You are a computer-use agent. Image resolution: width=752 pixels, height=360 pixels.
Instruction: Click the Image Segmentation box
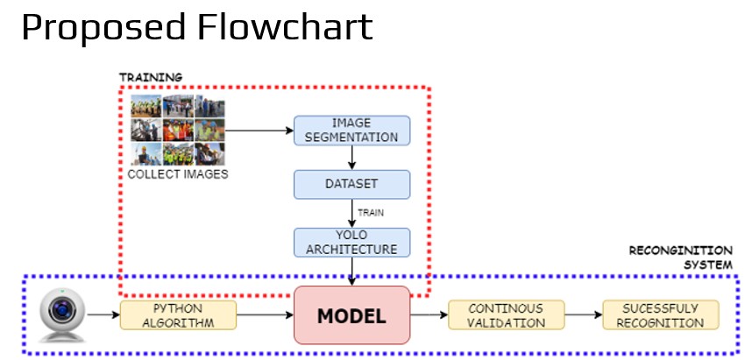point(352,131)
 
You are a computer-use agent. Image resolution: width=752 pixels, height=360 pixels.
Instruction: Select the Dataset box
point(352,184)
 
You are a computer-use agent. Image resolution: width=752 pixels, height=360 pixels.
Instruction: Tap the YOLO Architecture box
point(352,243)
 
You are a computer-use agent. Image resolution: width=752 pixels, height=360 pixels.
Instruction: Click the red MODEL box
point(352,315)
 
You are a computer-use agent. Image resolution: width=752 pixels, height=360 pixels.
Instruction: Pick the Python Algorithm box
point(178,315)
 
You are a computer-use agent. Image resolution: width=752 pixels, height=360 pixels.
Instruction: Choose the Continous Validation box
point(507,315)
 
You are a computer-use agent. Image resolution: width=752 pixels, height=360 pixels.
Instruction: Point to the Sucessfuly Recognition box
point(661,315)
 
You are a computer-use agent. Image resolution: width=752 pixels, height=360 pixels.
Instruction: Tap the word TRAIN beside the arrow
point(371,213)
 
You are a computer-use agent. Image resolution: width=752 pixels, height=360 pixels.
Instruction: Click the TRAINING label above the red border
point(151,77)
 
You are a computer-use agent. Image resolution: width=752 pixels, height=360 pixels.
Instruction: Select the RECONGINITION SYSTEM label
point(680,258)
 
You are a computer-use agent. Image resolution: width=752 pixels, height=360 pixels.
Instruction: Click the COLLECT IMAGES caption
point(178,174)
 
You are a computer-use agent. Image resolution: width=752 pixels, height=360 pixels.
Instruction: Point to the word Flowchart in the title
point(285,27)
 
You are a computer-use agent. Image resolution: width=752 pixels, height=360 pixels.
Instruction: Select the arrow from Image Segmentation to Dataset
point(352,158)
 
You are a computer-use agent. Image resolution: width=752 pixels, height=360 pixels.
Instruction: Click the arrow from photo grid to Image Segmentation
point(259,131)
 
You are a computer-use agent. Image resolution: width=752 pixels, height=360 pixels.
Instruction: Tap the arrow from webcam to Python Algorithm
point(103,315)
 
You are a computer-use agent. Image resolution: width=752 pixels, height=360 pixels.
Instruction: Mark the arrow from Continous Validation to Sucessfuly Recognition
point(584,315)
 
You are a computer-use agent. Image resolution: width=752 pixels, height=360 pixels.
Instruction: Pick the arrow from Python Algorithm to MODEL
point(266,315)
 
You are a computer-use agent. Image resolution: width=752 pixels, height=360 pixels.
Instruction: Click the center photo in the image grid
point(178,130)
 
